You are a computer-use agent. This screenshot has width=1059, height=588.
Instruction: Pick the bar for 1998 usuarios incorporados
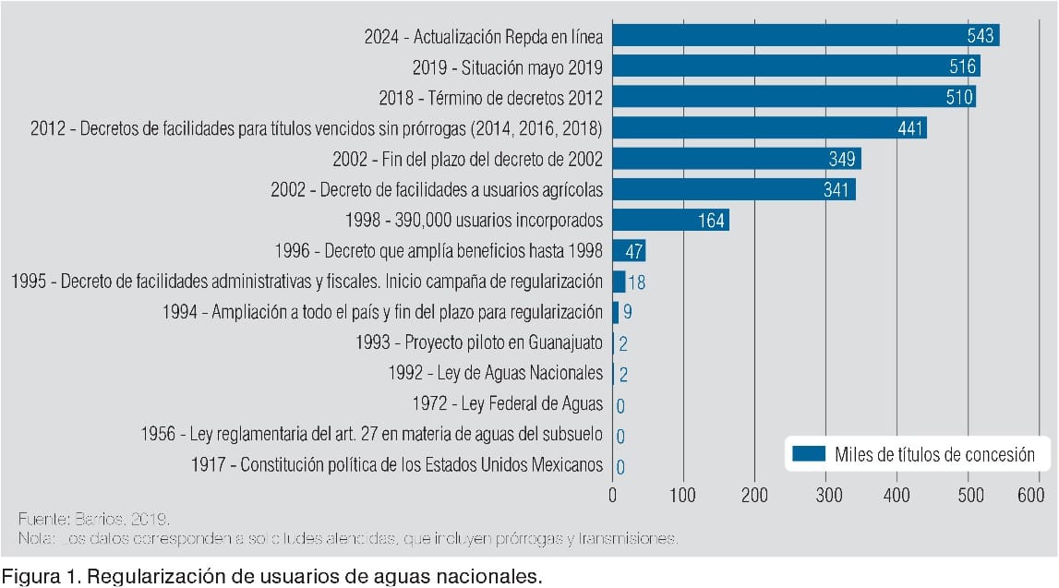click(x=670, y=221)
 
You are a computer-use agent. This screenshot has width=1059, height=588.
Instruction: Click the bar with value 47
click(x=629, y=251)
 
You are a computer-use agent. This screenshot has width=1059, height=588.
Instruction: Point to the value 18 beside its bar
click(x=637, y=282)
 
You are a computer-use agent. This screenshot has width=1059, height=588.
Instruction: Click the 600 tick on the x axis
click(x=1030, y=495)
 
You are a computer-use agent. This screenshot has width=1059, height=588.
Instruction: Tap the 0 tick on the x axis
click(x=613, y=495)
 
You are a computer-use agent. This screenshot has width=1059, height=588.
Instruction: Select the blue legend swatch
click(x=808, y=453)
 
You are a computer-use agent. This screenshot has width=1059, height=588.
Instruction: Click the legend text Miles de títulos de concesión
click(x=934, y=453)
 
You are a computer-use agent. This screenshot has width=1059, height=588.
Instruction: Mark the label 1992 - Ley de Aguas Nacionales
click(x=496, y=374)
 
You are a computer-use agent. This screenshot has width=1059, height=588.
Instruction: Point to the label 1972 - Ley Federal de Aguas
click(x=507, y=404)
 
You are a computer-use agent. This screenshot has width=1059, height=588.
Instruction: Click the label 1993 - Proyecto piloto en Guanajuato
click(x=478, y=342)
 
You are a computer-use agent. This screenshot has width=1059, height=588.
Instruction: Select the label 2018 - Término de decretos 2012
click(x=490, y=97)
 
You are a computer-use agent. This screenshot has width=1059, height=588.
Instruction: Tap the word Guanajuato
click(x=566, y=342)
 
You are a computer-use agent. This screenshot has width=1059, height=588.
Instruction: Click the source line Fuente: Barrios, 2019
click(x=94, y=517)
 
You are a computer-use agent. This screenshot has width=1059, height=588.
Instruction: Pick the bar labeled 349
click(x=737, y=159)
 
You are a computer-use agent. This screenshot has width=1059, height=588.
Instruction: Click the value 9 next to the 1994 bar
click(x=628, y=313)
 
